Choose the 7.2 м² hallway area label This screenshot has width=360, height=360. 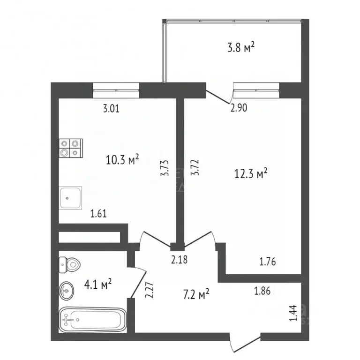click(196, 295)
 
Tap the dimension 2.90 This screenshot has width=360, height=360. click(239, 108)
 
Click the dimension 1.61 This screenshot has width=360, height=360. click(99, 214)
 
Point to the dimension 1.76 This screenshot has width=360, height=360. click(269, 262)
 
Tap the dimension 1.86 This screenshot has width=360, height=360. click(262, 291)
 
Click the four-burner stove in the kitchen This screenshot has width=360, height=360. click(70, 148)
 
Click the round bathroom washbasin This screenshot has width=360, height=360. click(67, 291)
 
